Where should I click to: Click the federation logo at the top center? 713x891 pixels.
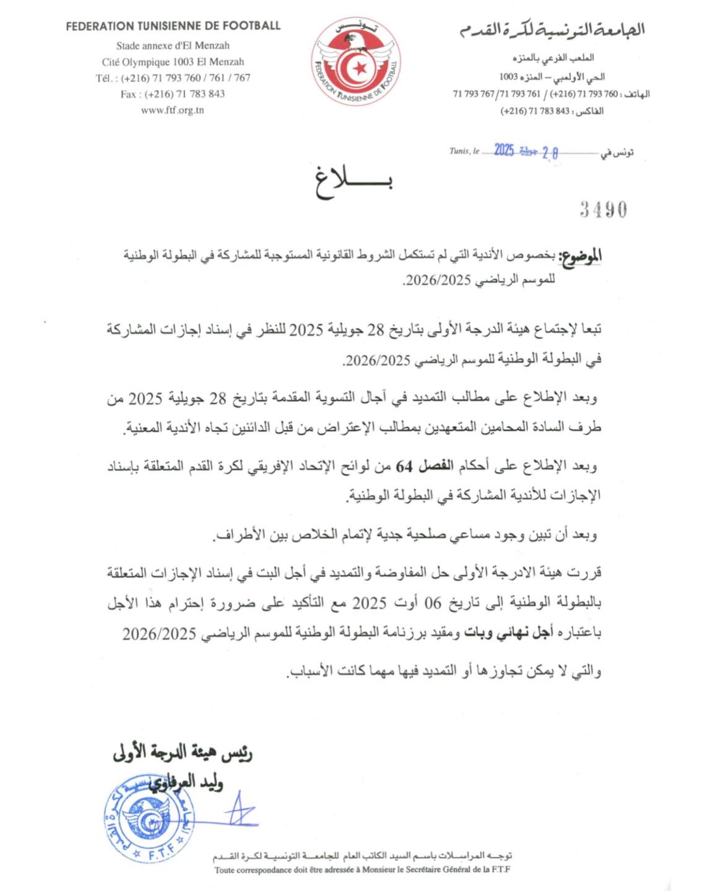355,61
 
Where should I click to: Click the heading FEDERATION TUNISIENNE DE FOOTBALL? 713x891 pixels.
173,26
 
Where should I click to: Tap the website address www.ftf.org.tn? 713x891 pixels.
173,110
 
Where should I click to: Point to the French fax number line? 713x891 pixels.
173,94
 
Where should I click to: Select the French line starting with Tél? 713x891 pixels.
173,78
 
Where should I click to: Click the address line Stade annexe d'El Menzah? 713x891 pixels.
173,46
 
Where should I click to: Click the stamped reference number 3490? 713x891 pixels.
603,210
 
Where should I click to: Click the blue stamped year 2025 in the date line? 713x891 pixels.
504,150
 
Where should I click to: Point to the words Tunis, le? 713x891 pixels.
464,151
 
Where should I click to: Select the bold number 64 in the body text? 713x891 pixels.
404,466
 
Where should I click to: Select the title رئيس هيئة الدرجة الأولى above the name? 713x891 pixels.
183,752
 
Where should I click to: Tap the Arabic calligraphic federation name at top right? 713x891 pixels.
551,28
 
